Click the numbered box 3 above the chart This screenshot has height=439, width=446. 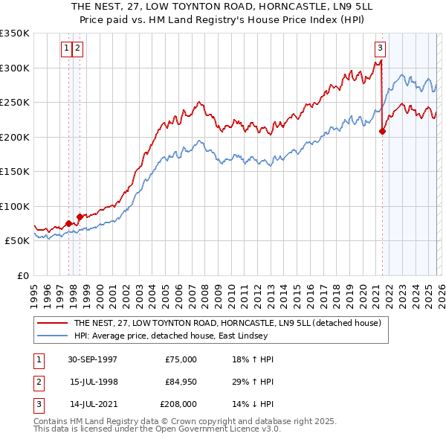click(380, 48)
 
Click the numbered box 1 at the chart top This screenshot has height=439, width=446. click(67, 48)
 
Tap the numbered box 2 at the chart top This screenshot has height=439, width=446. click(77, 48)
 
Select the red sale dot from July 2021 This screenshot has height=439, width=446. click(382, 132)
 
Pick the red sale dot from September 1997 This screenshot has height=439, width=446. click(68, 223)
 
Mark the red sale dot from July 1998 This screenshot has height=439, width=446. click(80, 217)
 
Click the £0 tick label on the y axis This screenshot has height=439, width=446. click(22, 275)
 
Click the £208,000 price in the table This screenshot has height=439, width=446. click(178, 404)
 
